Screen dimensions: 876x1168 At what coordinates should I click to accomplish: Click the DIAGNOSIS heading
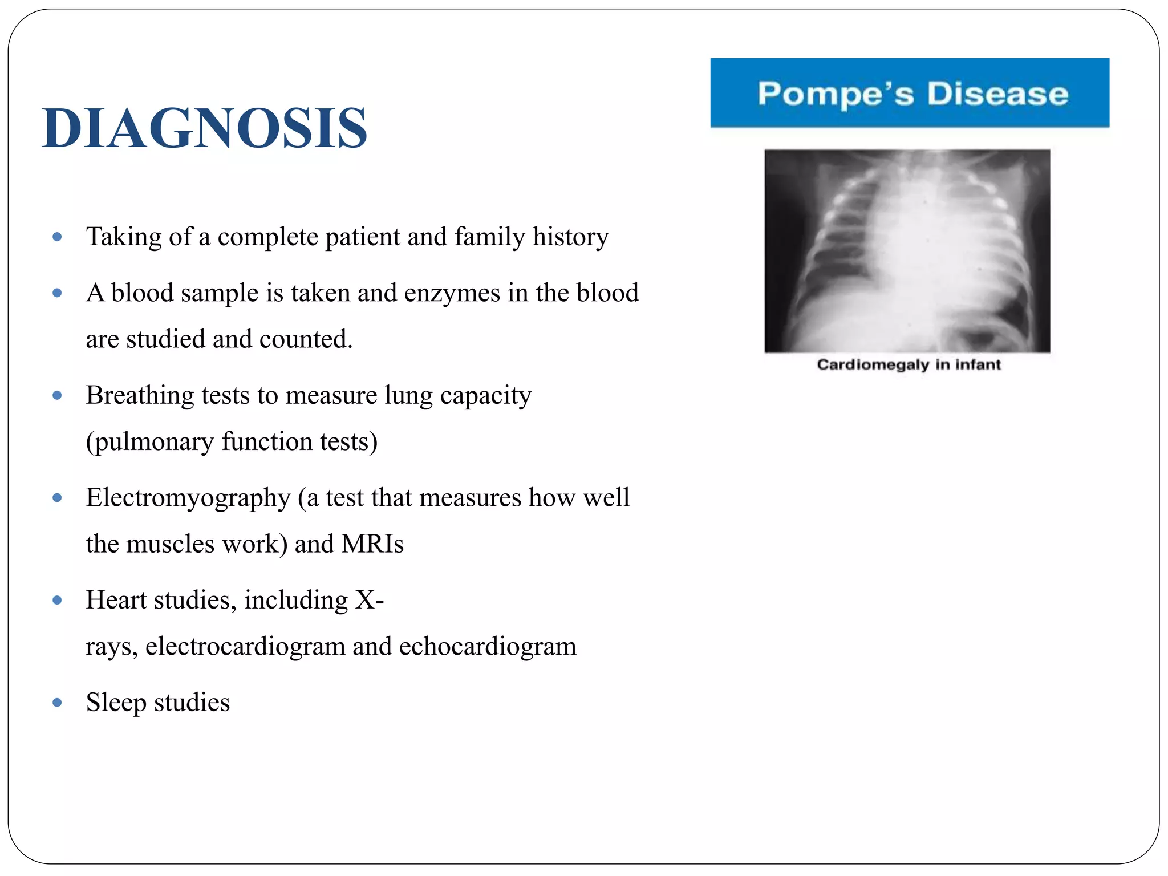204,128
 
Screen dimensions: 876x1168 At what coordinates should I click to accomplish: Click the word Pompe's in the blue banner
836,94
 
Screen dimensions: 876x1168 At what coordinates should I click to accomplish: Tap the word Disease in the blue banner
997,94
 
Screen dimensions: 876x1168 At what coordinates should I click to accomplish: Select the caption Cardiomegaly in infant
909,364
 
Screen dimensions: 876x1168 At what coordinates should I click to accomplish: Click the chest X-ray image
907,251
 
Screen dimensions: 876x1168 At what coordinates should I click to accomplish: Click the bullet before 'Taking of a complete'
57,237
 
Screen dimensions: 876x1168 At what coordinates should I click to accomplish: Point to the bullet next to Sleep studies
57,703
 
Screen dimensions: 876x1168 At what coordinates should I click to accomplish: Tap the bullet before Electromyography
57,498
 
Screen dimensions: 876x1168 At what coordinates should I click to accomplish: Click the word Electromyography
188,498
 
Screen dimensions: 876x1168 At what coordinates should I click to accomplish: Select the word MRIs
372,544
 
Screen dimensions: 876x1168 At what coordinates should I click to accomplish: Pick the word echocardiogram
488,647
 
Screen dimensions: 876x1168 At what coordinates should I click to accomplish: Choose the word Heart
116,600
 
